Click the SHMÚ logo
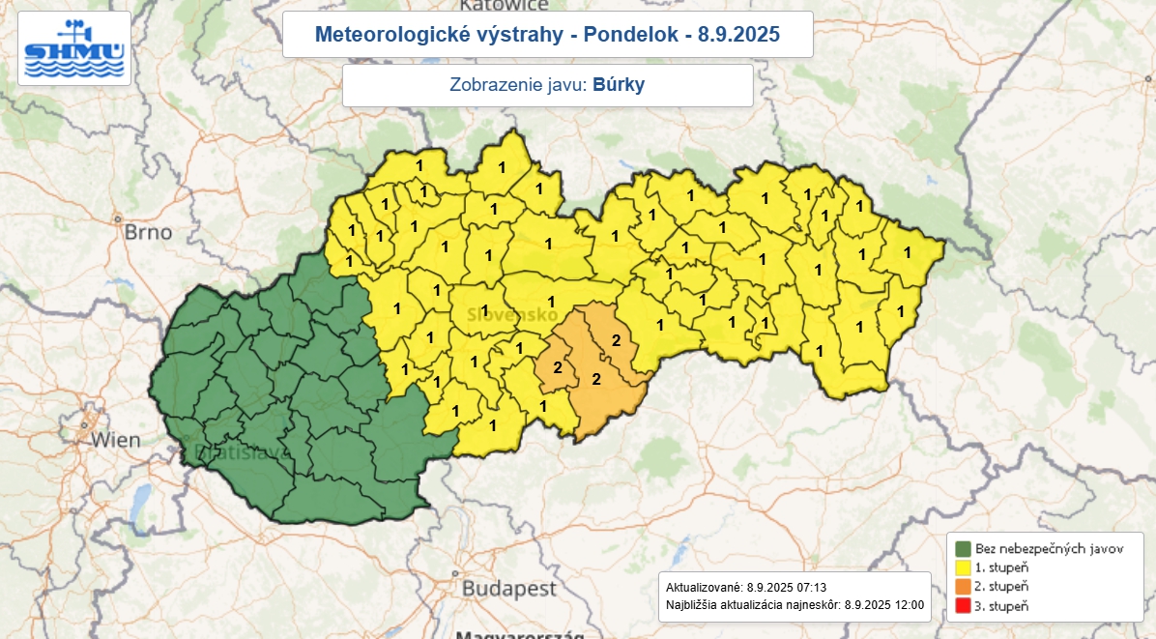[74, 49]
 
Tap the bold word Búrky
[619, 85]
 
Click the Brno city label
[148, 232]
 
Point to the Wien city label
[115, 440]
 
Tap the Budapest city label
[508, 588]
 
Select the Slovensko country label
[511, 315]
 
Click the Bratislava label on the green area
[230, 452]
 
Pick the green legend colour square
[963, 548]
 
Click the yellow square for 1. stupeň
[963, 567]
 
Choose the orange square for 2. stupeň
[963, 587]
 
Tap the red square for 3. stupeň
[963, 606]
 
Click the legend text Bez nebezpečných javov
[1049, 548]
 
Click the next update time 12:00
[909, 606]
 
